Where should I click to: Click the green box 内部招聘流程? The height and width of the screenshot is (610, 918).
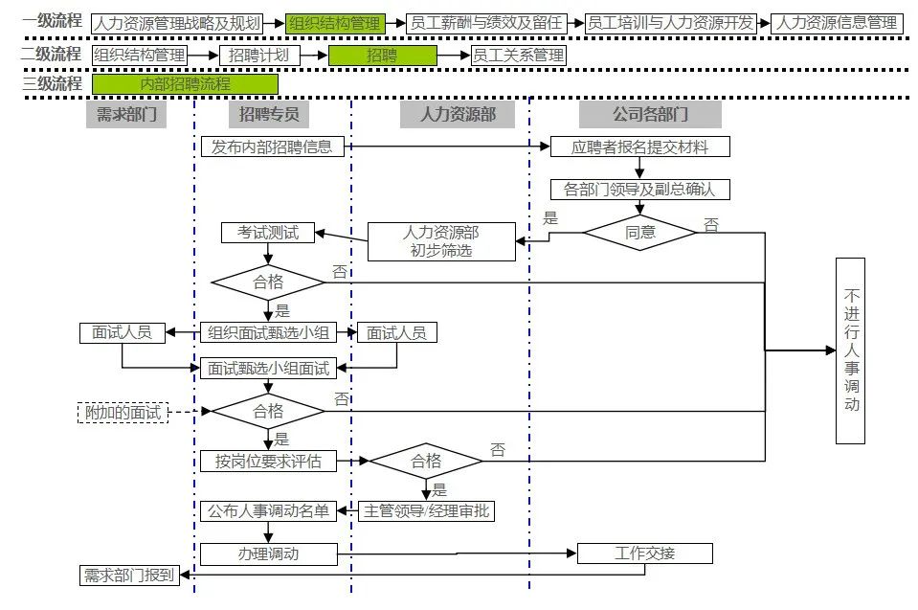(185, 84)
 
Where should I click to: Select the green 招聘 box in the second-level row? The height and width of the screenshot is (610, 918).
(381, 56)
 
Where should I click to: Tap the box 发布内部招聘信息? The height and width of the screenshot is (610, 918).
(272, 147)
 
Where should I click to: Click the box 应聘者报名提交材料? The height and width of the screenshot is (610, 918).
(639, 147)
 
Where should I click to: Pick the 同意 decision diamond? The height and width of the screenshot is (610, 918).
(639, 232)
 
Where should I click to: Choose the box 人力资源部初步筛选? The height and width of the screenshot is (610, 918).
(440, 241)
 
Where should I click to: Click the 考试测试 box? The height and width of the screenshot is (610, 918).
(267, 233)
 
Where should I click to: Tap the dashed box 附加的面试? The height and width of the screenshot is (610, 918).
(123, 413)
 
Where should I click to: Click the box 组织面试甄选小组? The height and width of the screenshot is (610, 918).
(267, 333)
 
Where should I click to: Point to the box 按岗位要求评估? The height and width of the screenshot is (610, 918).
(267, 462)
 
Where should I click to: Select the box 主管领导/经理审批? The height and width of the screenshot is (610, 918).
(427, 510)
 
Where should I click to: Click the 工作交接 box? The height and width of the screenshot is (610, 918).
(644, 554)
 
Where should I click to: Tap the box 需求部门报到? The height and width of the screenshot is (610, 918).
(129, 575)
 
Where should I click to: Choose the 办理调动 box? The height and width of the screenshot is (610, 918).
(267, 554)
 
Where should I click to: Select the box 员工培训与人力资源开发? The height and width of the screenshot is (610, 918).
(670, 23)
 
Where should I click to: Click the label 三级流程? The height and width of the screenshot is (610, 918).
(52, 83)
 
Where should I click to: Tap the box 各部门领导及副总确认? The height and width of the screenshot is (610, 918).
(639, 189)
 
